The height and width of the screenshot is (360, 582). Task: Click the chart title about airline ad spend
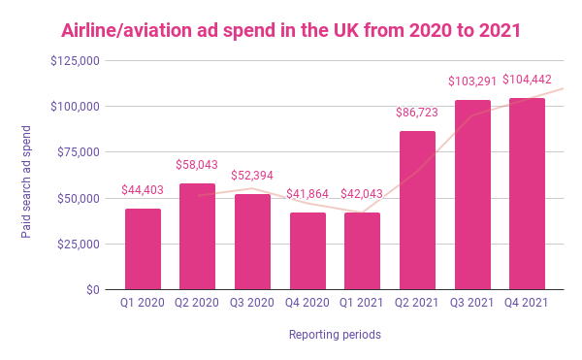tap(291, 30)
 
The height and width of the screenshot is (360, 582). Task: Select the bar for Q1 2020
tap(143, 248)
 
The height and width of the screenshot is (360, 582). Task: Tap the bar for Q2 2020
tap(198, 236)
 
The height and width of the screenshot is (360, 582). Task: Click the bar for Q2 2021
tap(417, 210)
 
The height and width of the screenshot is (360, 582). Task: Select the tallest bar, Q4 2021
tap(527, 194)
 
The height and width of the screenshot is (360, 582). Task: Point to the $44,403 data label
tap(143, 191)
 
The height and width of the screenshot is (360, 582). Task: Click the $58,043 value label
tap(198, 166)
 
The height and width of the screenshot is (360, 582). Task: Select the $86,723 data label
tap(417, 113)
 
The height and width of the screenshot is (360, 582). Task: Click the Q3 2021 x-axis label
tap(472, 305)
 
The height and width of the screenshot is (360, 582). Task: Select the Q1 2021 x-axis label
tap(362, 305)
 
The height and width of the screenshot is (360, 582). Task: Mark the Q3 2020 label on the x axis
tap(252, 305)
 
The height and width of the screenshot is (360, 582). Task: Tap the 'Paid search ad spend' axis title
tap(26, 175)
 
